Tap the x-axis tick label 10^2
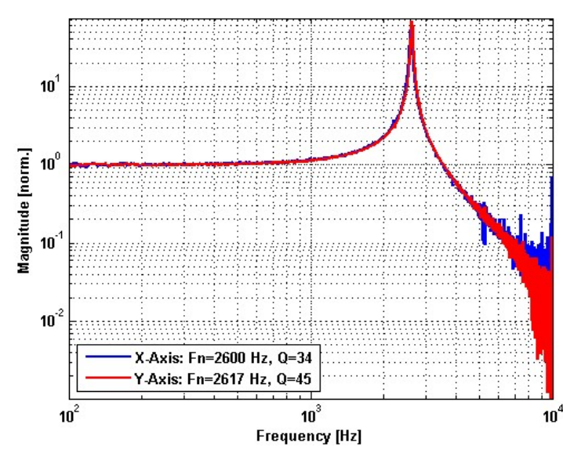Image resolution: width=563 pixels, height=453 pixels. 71,411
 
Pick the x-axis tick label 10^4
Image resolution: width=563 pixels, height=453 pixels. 552,411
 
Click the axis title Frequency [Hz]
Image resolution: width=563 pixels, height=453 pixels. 311,433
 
